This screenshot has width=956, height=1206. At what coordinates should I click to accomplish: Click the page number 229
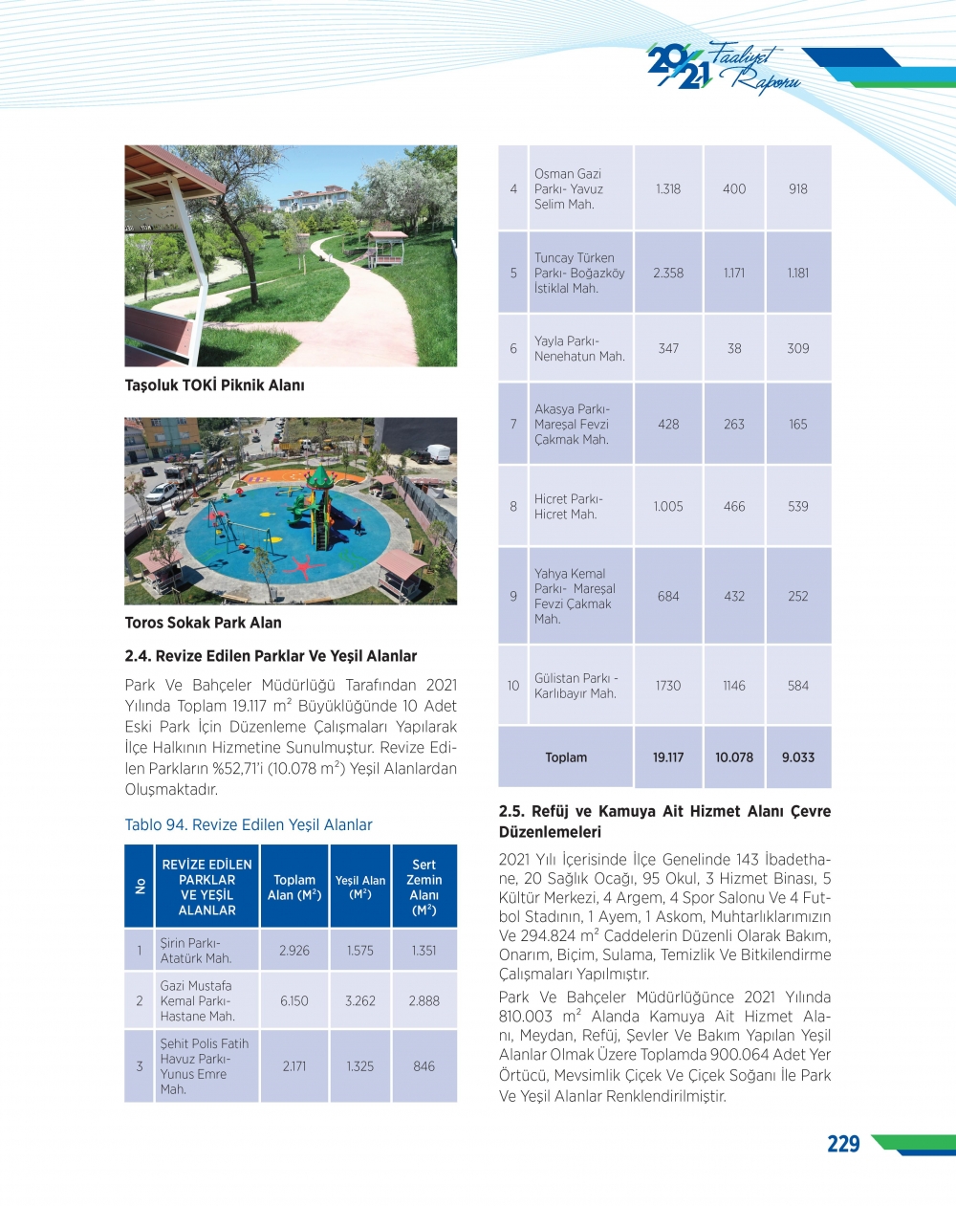842,1144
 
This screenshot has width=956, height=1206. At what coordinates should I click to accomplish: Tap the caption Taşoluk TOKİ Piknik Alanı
214,385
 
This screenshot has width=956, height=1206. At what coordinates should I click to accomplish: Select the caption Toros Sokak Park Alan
203,623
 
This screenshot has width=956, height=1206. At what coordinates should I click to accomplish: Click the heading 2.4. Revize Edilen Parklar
271,656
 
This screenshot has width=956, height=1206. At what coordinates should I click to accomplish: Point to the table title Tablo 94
249,824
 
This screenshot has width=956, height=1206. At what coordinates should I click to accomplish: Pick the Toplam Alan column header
294,887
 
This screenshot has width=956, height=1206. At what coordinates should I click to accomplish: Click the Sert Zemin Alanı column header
424,887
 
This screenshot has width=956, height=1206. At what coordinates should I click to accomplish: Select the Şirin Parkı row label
195,951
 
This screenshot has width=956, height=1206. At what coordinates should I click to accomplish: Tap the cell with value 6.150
294,1000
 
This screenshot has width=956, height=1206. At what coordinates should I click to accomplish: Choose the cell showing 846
424,1065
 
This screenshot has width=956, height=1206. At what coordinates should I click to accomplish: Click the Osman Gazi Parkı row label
569,188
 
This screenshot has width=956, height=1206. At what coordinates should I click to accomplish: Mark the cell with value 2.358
668,273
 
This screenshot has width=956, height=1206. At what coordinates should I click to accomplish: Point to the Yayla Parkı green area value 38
734,348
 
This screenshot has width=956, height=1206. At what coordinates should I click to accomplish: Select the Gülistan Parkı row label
576,686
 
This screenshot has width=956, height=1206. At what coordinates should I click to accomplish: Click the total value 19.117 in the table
668,756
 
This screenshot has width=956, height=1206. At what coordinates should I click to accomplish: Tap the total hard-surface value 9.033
798,756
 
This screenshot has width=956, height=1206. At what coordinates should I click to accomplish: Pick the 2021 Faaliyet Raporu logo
722,67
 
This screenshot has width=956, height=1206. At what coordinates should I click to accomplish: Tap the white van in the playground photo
438,452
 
